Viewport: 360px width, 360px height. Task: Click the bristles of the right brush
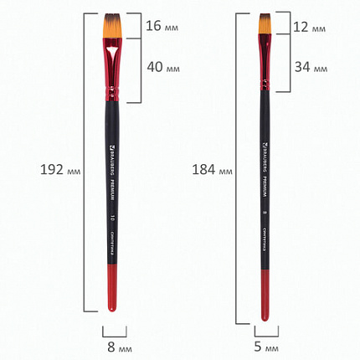pyautogui.click(x=264, y=25)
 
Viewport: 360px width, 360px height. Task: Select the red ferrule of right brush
pyautogui.click(x=265, y=63)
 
